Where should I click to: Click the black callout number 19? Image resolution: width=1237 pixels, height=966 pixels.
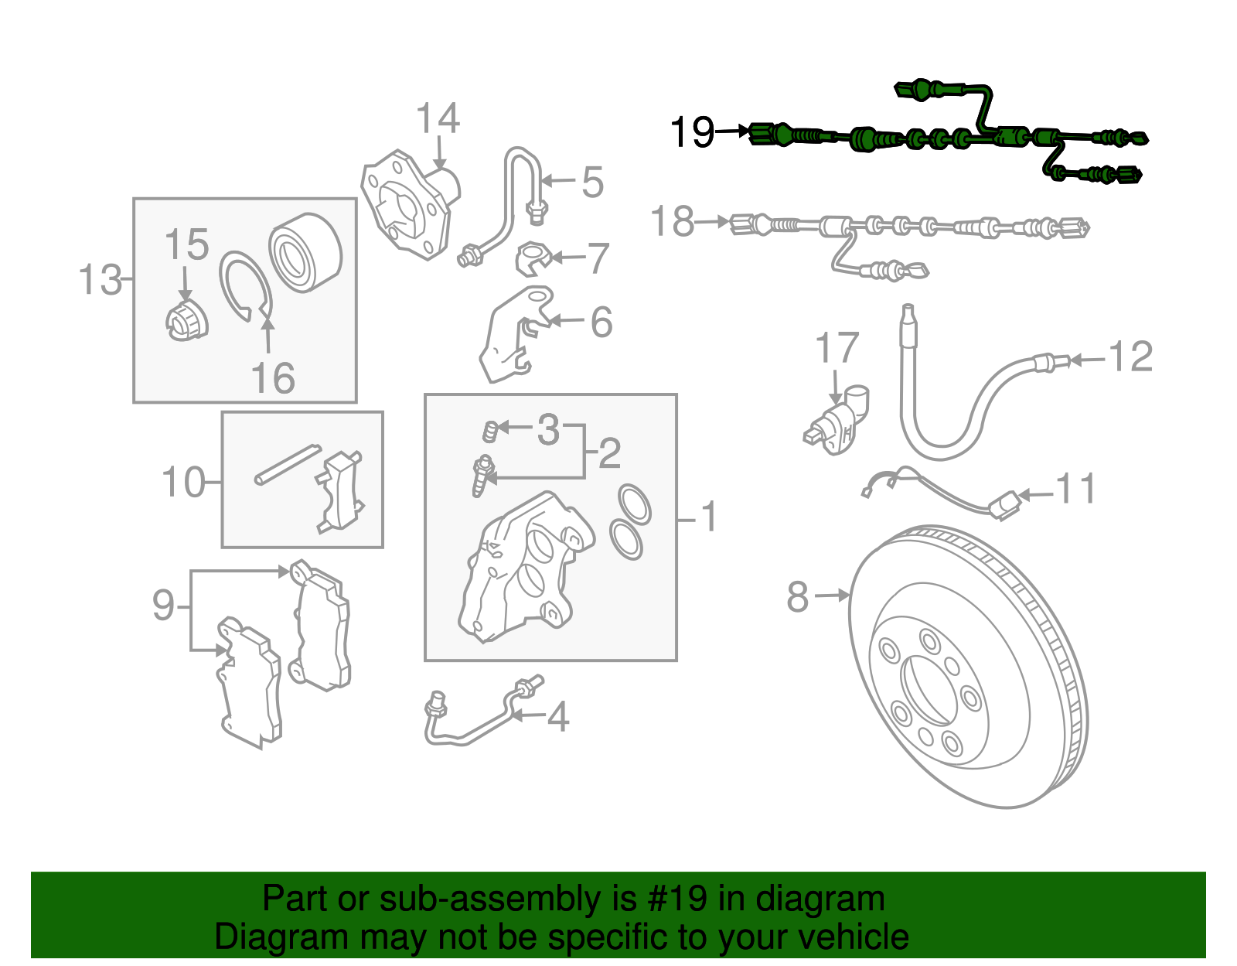click(692, 132)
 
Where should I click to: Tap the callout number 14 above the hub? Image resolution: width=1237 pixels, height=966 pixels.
click(438, 119)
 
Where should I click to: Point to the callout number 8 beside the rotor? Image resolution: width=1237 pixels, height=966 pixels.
click(798, 597)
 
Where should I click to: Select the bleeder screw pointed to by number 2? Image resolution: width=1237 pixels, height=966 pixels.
click(482, 475)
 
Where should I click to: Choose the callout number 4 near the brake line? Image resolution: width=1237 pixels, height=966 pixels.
click(558, 717)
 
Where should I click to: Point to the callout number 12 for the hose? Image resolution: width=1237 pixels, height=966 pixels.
click(1130, 357)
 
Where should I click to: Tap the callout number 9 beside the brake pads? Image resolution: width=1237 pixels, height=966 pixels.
click(163, 605)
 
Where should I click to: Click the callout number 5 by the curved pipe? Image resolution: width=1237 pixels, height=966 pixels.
click(592, 183)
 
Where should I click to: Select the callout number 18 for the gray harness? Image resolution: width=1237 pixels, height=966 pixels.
click(672, 222)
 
